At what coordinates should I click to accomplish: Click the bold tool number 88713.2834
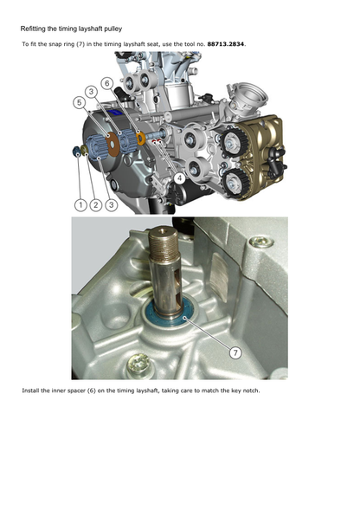226,44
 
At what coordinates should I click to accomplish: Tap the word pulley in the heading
113,29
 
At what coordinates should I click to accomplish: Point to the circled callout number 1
80,205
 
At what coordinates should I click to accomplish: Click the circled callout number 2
95,205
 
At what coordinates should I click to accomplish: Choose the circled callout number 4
179,178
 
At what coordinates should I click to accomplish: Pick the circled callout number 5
80,103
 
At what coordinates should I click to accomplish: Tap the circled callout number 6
107,84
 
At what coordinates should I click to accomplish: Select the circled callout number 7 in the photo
235,353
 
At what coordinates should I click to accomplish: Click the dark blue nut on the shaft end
77,152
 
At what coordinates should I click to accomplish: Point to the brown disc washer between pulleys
112,144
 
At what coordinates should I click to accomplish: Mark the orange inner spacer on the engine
141,138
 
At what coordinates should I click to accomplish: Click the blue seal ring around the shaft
169,313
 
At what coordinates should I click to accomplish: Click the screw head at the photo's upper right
260,242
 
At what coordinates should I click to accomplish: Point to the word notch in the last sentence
251,391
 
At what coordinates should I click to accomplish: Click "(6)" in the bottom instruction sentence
91,391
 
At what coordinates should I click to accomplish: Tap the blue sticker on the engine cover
116,113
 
